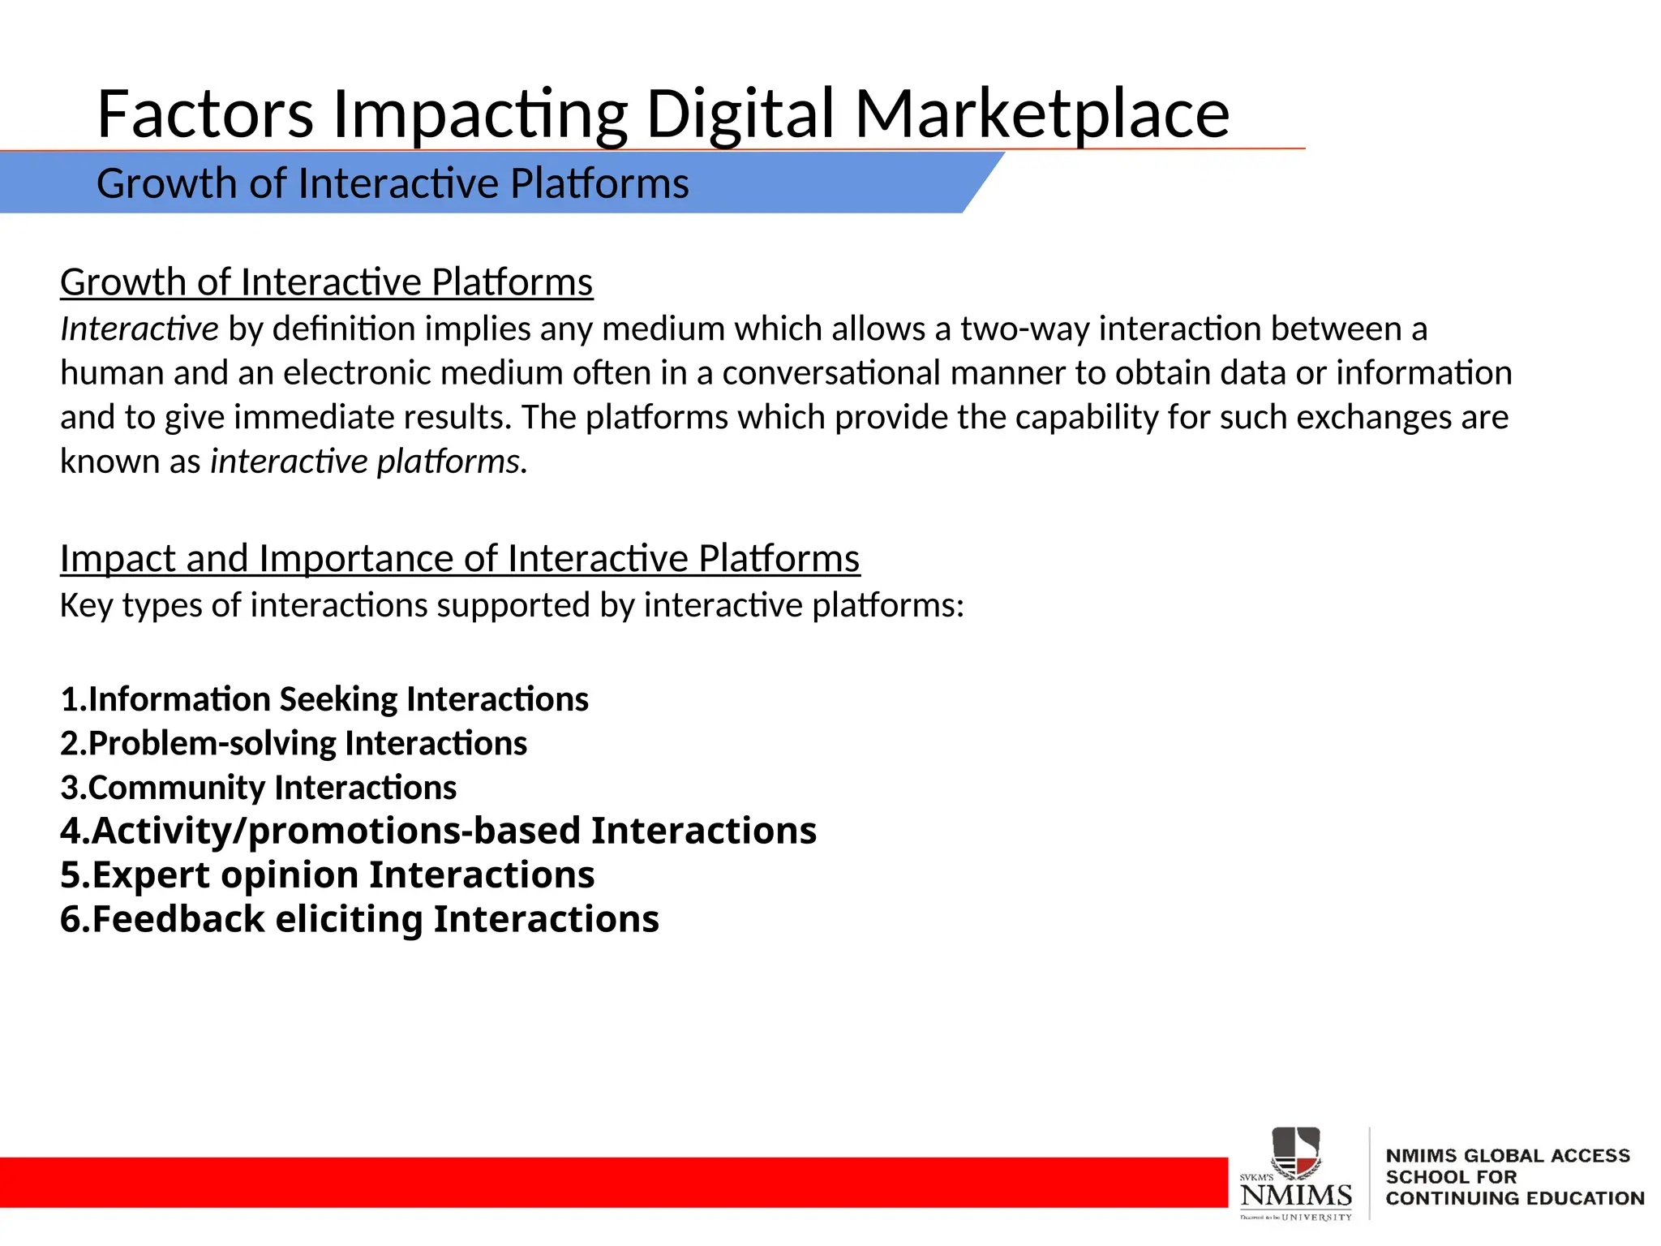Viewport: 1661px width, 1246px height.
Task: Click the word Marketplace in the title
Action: tap(1041, 114)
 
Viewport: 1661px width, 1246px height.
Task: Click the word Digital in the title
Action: tap(740, 114)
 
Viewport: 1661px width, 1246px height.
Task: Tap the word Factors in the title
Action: tap(205, 114)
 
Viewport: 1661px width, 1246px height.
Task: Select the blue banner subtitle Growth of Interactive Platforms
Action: tap(393, 183)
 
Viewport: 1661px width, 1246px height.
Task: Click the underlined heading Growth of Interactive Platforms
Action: tap(326, 282)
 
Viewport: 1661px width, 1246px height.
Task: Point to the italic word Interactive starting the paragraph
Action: tap(139, 329)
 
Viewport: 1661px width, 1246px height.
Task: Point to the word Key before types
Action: tap(86, 606)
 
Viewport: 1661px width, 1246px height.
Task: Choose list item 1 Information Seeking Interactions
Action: tap(324, 699)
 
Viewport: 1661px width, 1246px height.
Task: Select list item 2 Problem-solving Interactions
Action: tap(294, 744)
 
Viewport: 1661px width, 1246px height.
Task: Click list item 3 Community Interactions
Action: tap(258, 788)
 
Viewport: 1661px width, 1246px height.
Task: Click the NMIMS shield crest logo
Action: tap(1295, 1151)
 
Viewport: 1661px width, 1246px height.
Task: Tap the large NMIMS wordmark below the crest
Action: tap(1295, 1196)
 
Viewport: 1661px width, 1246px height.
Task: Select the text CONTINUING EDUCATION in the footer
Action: tap(1514, 1198)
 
